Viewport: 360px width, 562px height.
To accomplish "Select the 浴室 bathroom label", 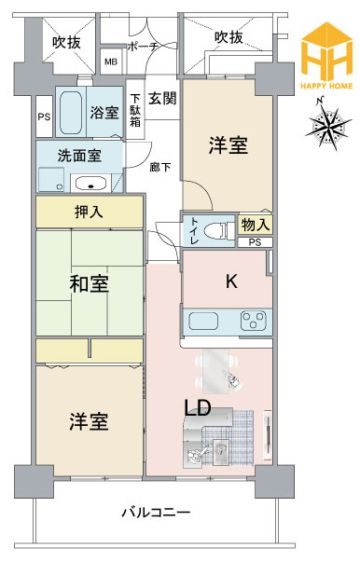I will click(104, 112).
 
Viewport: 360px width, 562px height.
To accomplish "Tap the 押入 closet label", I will click(89, 212).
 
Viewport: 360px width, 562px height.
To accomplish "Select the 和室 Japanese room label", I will click(90, 284).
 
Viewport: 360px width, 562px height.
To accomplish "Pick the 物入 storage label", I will click(256, 225).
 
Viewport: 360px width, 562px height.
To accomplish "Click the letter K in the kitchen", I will click(229, 281).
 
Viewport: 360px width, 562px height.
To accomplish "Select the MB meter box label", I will click(111, 63).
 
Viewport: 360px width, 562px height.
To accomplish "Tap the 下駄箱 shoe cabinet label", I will click(135, 108).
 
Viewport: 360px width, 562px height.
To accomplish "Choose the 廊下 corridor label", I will click(160, 167).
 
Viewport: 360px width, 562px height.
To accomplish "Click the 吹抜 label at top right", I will click(229, 37).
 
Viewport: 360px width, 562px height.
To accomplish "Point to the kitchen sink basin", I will click(205, 322).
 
